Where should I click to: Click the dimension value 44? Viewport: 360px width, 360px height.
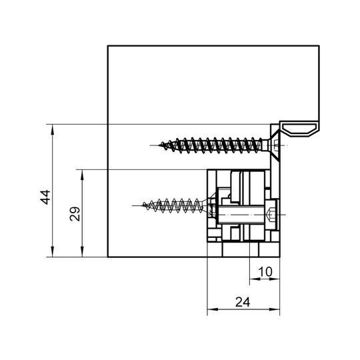pos(45,197)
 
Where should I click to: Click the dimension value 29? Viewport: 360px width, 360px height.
pos(75,214)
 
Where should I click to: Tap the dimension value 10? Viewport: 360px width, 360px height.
pos(265,271)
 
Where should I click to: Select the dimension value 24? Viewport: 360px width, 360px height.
pos(243,302)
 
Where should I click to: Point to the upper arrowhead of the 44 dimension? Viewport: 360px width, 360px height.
pos(53,129)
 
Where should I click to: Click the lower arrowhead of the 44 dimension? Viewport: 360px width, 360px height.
pos(53,252)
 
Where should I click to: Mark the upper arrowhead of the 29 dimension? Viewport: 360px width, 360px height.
pos(82,175)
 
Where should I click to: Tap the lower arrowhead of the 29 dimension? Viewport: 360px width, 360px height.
pos(82,252)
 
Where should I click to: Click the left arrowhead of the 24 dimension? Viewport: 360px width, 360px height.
pos(213,309)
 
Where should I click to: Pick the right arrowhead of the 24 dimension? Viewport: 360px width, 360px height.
pos(275,309)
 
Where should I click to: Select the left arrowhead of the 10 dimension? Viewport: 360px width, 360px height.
pos(255,279)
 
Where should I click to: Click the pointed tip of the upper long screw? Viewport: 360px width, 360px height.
pos(159,145)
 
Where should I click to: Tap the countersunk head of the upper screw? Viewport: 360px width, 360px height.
pos(274,145)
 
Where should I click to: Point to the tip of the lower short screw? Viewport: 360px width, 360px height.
pos(143,205)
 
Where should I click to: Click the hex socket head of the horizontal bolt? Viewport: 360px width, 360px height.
pos(271,215)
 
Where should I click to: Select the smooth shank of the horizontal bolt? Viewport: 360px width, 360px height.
pos(241,215)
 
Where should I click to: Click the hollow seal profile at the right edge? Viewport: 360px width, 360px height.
pos(299,129)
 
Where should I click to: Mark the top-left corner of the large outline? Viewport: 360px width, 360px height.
pos(108,46)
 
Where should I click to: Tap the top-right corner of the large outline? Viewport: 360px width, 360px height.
pos(319,46)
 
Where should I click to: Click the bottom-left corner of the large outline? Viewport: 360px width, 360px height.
pos(108,257)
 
